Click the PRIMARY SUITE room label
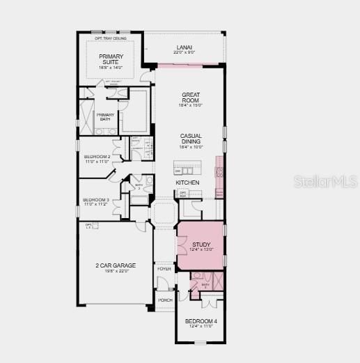[x=110, y=59]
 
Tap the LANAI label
[x=185, y=47]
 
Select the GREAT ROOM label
[x=190, y=98]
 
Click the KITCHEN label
[x=187, y=183]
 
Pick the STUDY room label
[x=201, y=244]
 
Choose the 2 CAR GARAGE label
[x=116, y=265]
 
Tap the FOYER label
[x=164, y=268]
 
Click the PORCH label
[x=165, y=300]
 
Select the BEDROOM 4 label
[x=200, y=321]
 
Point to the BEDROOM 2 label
[x=97, y=157]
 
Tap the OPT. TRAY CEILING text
[x=110, y=39]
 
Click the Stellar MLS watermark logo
[x=327, y=181]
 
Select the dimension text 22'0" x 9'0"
[x=185, y=52]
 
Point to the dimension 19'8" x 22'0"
[x=116, y=272]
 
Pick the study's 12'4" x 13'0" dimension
[x=201, y=249]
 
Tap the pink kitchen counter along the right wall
[x=219, y=174]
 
